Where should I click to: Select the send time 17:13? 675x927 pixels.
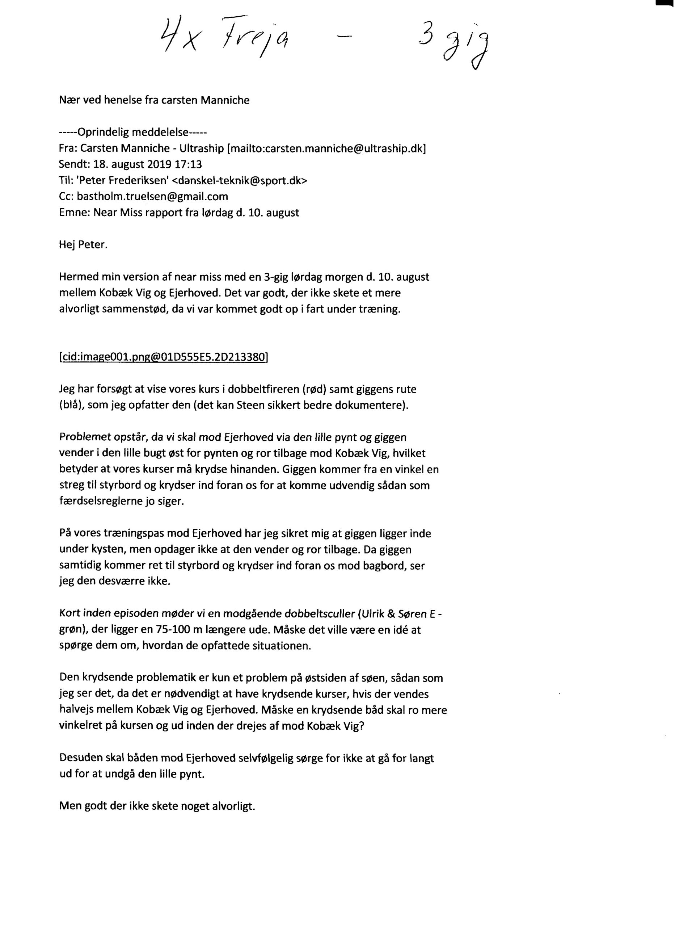click(x=189, y=165)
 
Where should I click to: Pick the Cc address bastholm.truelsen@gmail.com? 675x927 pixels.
click(x=152, y=197)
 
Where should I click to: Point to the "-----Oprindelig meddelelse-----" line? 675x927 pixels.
click(x=133, y=133)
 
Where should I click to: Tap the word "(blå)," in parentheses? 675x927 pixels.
click(x=71, y=406)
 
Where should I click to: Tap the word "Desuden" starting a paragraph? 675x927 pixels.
click(x=79, y=758)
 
